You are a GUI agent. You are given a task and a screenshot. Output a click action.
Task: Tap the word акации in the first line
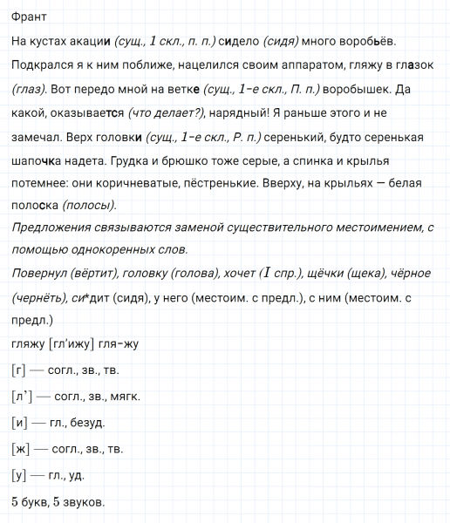coord(91,41)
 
